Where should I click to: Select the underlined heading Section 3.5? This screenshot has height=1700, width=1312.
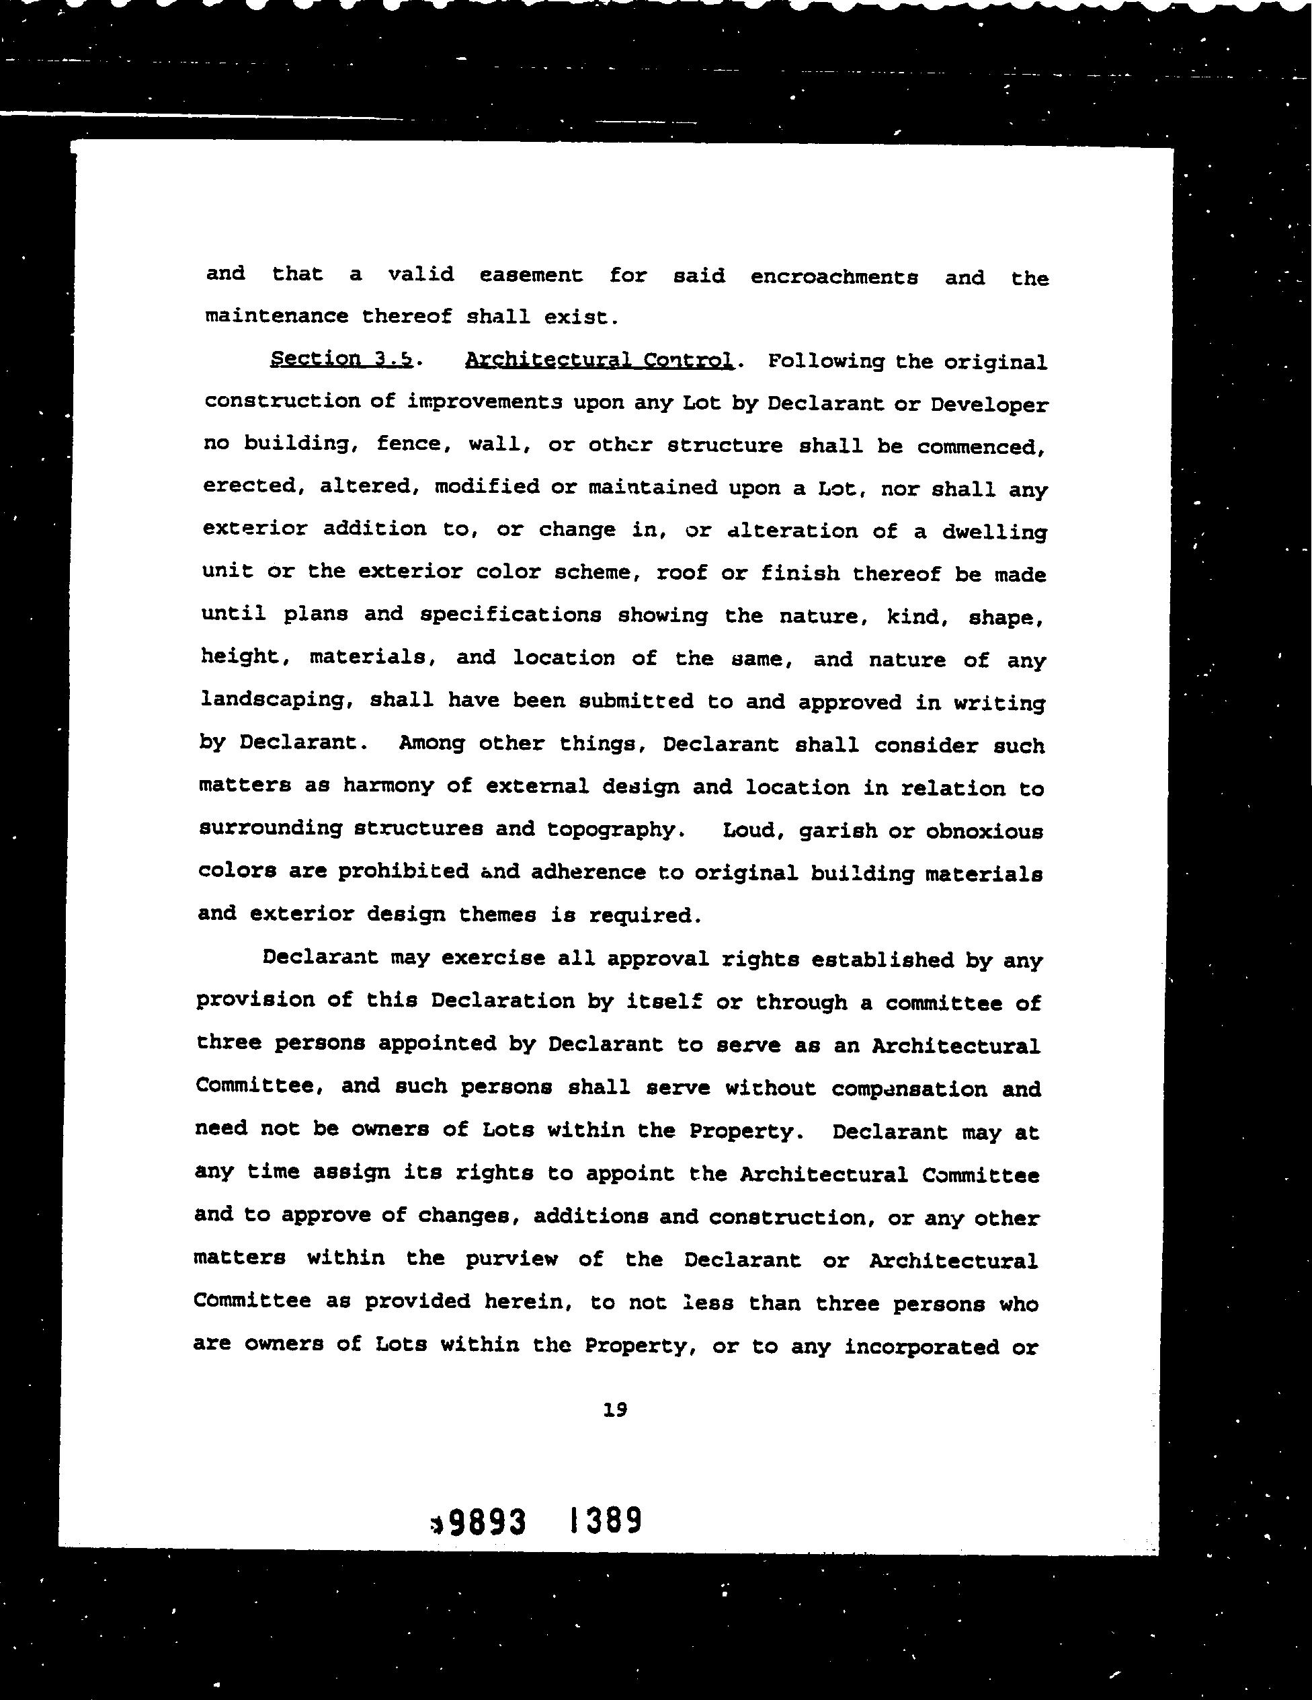(x=341, y=359)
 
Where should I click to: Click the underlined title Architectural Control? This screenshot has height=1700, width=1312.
(x=598, y=360)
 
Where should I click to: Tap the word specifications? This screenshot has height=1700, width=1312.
(x=510, y=614)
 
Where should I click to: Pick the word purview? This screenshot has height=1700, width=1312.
(x=511, y=1259)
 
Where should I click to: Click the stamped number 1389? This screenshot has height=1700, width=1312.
(x=605, y=1520)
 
